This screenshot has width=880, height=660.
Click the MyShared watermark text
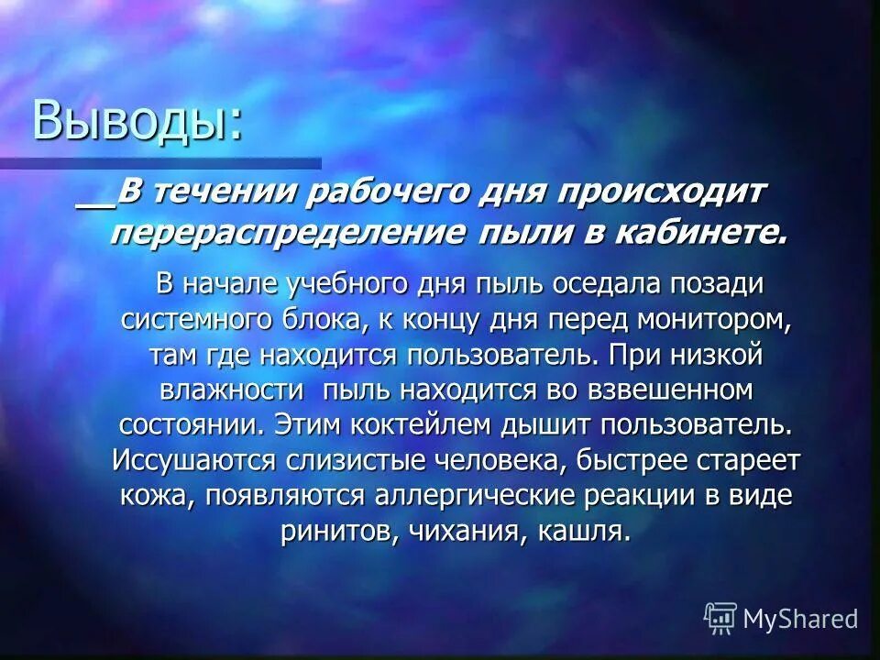(x=800, y=618)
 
